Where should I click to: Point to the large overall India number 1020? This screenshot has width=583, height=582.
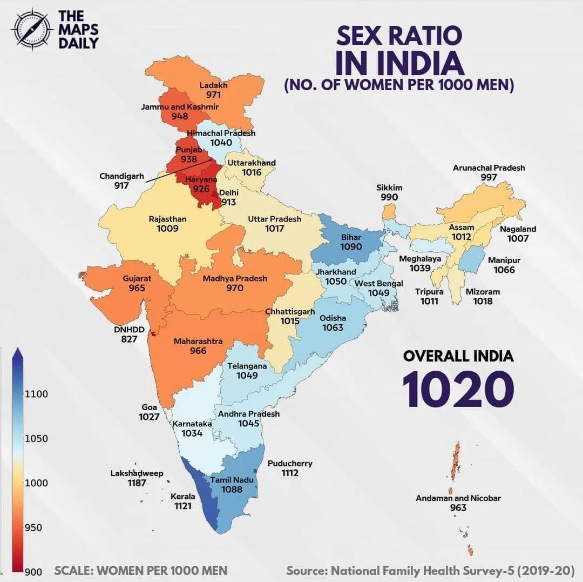coord(458,389)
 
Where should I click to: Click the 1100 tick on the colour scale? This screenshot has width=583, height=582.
coord(36,394)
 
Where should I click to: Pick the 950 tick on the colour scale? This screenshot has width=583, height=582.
coord(33,527)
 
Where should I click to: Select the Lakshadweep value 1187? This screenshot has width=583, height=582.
coord(137,483)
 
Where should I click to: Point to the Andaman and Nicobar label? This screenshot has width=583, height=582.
coord(458,498)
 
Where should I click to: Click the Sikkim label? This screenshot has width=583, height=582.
coord(389,188)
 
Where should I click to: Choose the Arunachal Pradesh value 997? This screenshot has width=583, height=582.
coord(489,177)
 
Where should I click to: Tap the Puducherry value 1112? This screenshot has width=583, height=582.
coord(290,473)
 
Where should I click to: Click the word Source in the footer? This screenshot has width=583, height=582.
coord(306,571)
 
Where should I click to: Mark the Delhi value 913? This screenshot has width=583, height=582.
coord(228,202)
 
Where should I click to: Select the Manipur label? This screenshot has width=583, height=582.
coord(504,260)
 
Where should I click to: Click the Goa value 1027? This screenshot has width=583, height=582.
coord(149,417)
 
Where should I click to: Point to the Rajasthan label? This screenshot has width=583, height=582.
coord(167,219)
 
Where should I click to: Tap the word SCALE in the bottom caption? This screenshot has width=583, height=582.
coord(73,571)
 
